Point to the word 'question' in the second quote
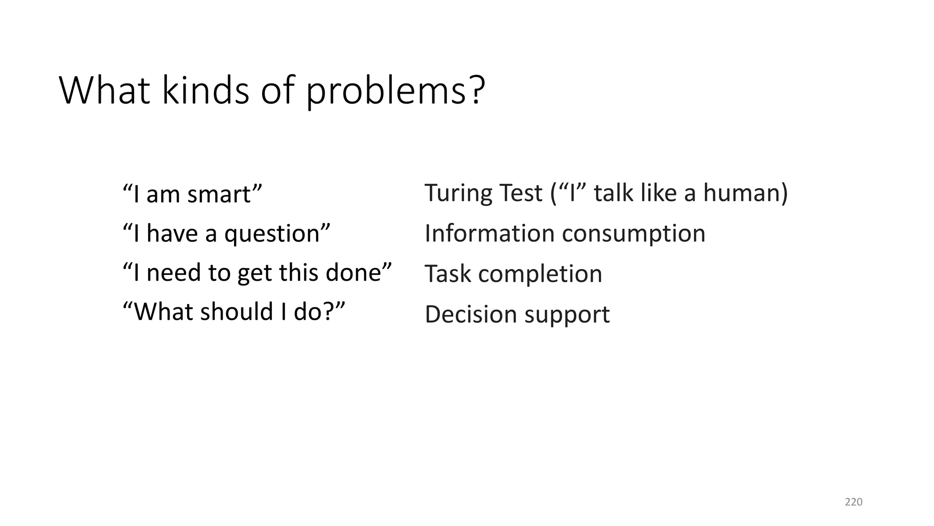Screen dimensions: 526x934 272,235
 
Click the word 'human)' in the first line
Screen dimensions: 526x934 745,193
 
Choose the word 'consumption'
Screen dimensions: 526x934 633,234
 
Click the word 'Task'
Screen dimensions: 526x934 447,274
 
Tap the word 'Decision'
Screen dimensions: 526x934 471,315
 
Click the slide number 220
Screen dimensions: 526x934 853,502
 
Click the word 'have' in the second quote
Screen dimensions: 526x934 172,234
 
